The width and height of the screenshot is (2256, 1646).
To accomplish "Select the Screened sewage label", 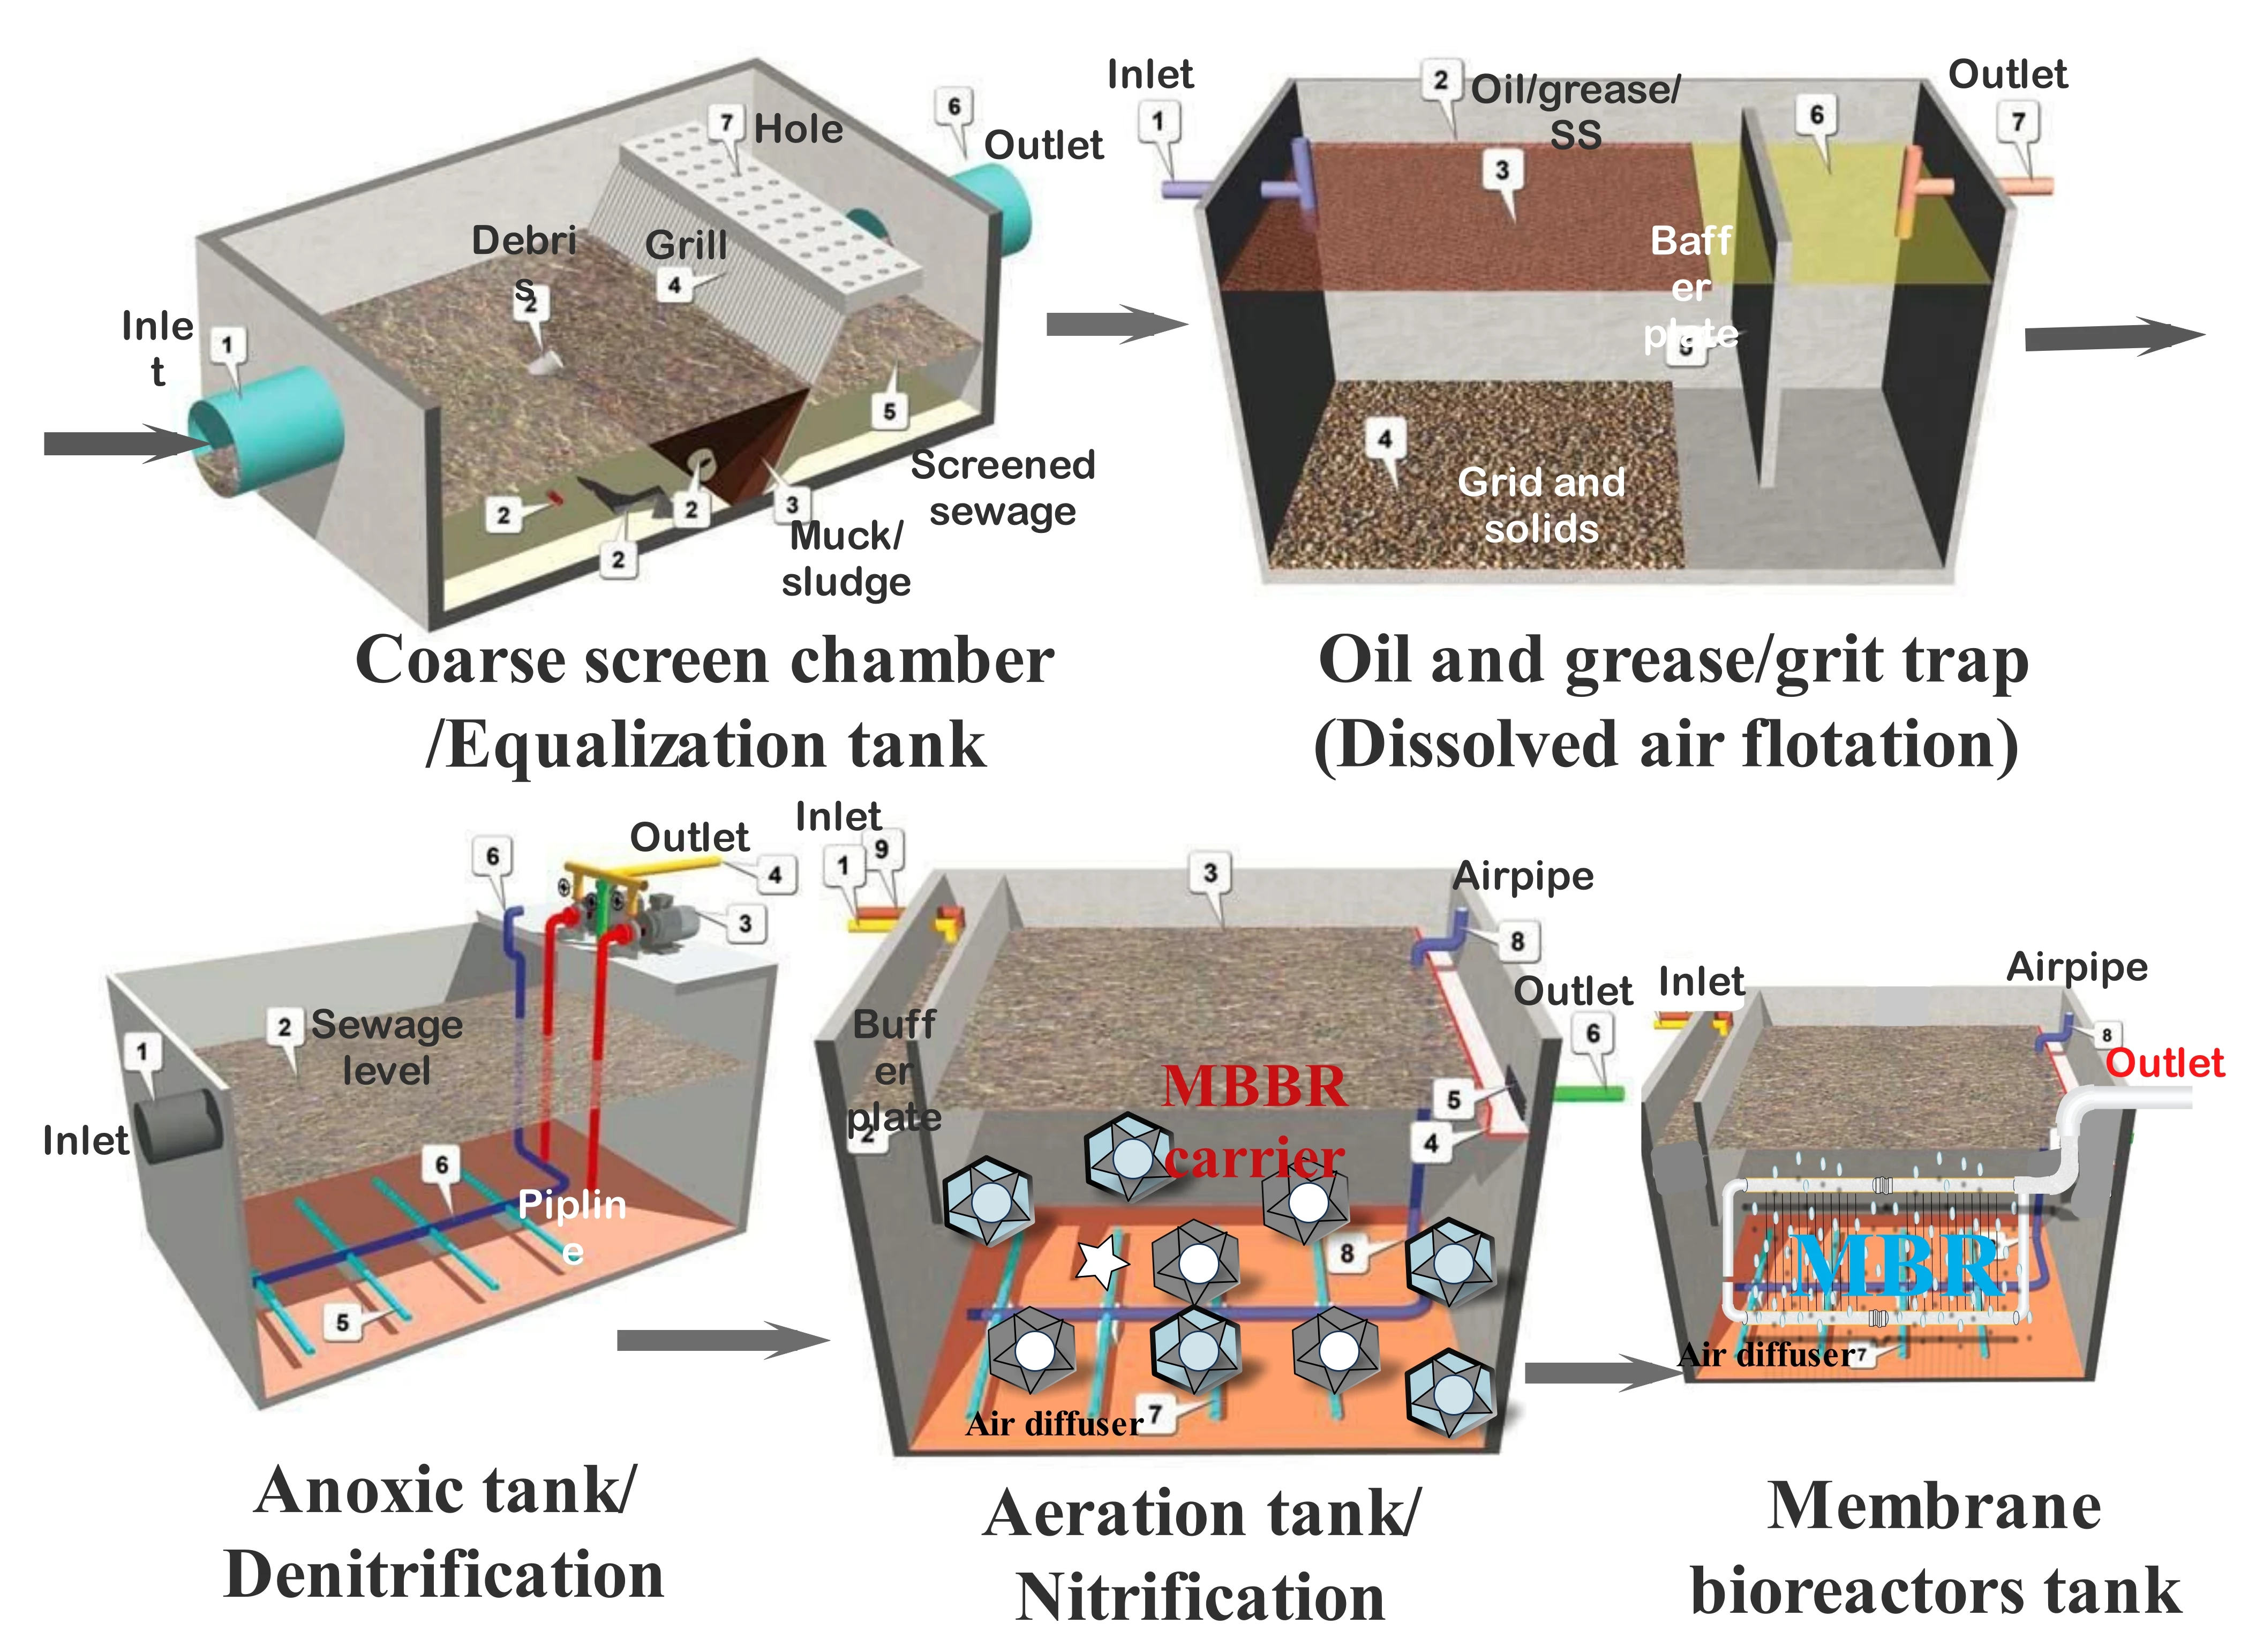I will (x=1003, y=488).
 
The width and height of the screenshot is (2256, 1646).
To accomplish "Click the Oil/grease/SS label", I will (x=1575, y=110).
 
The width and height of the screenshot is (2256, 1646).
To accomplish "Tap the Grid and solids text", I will (x=1540, y=505).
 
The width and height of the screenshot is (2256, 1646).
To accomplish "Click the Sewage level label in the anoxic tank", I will (x=387, y=1047).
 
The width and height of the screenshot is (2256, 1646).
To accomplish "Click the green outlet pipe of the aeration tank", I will (x=1589, y=1093).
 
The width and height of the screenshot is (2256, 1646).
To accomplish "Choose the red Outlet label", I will (x=2164, y=1063).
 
